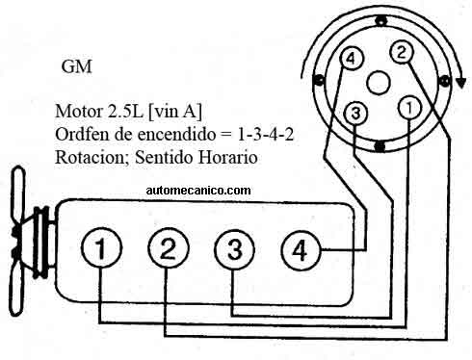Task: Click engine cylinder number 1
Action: pyautogui.click(x=101, y=247)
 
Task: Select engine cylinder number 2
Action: pyautogui.click(x=169, y=247)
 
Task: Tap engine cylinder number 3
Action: pyautogui.click(x=235, y=249)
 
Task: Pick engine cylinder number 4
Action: pyautogui.click(x=301, y=250)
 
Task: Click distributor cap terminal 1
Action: pyautogui.click(x=409, y=108)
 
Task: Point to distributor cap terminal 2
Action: pyautogui.click(x=402, y=52)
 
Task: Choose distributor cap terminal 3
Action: pyautogui.click(x=355, y=113)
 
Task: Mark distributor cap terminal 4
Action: pyautogui.click(x=352, y=59)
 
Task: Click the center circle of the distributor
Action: pyautogui.click(x=379, y=83)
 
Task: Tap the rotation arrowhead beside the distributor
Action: pyautogui.click(x=461, y=82)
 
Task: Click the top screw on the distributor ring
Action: pyautogui.click(x=380, y=21)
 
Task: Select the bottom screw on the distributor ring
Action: pyautogui.click(x=380, y=146)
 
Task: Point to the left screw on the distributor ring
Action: pyautogui.click(x=318, y=80)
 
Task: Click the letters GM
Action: pyautogui.click(x=77, y=66)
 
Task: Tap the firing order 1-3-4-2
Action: pyautogui.click(x=266, y=135)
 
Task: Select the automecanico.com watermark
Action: pyautogui.click(x=198, y=191)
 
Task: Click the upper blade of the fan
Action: pyautogui.click(x=19, y=196)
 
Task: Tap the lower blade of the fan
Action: pyautogui.click(x=16, y=291)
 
